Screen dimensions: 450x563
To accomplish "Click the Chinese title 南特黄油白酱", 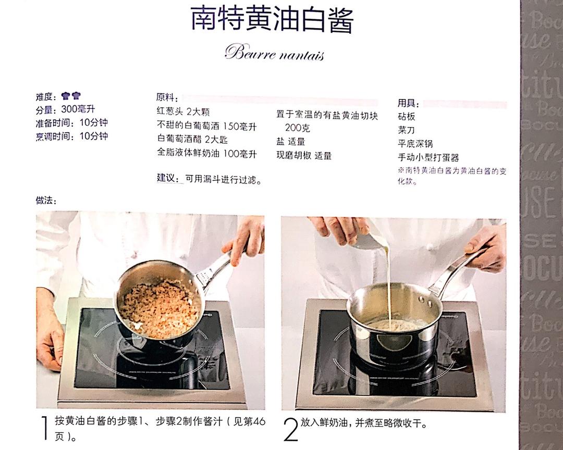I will pos(272,20).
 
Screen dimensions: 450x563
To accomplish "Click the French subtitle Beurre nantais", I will pos(274,53).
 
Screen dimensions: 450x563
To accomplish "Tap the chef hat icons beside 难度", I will pos(71,96).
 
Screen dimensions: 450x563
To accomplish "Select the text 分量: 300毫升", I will pos(65,109).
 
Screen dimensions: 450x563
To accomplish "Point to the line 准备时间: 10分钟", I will pos(71,123).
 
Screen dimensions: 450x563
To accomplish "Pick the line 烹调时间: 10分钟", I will pos(71,136).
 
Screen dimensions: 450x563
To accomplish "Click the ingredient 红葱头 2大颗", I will pos(183,112).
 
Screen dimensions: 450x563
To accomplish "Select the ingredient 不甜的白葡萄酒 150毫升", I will pos(207,126).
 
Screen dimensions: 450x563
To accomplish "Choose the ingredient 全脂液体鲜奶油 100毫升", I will pos(207,154).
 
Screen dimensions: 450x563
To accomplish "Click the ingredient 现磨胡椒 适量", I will pos(304,155).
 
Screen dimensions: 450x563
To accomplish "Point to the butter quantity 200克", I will pos(297,128).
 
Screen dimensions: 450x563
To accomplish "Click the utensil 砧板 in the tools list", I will pos(407,116).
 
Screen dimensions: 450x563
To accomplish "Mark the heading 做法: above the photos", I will pos(46,201).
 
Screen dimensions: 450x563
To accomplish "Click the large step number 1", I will pos(44,429).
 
